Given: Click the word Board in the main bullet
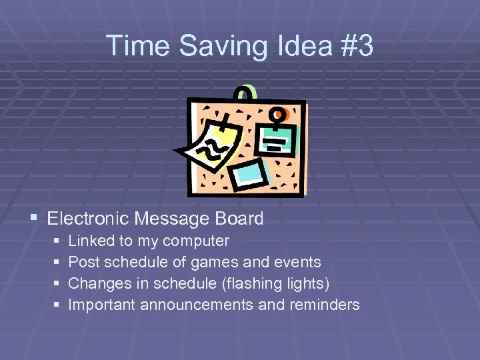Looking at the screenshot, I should coord(239,218).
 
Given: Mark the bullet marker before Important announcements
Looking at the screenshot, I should coord(56,305).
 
